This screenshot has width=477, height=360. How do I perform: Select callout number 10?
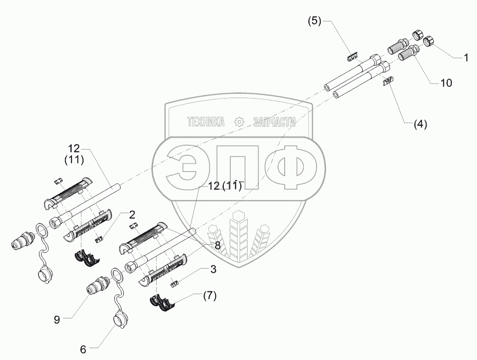(446, 82)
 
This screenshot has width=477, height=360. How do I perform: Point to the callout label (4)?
(420, 124)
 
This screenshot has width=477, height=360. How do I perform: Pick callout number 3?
(213, 270)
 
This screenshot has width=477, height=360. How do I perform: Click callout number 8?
(218, 246)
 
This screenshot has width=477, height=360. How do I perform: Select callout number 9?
(56, 320)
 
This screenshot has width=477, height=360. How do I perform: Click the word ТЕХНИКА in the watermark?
(206, 122)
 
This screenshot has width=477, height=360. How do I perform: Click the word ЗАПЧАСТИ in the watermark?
(275, 122)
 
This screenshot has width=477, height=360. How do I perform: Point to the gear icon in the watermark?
(239, 122)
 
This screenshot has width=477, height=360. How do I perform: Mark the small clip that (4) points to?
(388, 82)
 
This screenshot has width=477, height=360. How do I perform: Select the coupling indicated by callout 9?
(97, 288)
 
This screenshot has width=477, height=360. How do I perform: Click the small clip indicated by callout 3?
(175, 284)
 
